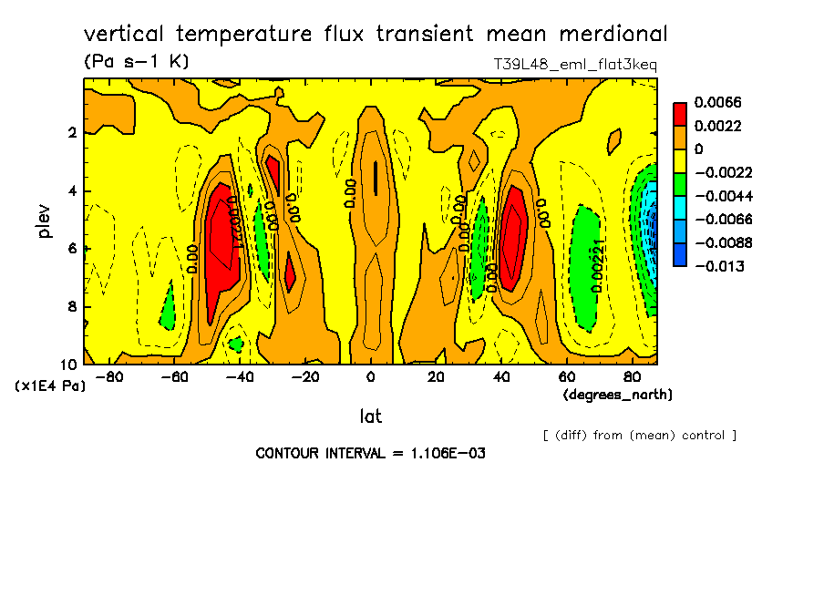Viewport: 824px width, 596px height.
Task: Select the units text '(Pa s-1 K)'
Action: [x=136, y=62]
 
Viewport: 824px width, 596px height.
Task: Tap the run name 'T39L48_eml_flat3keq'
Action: [x=574, y=65]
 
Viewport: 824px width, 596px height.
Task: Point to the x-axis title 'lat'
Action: [x=370, y=416]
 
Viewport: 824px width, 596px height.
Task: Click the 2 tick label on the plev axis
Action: [x=71, y=133]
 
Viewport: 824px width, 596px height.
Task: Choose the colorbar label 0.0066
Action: [x=717, y=101]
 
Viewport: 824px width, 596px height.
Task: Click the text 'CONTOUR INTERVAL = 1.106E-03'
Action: [x=370, y=453]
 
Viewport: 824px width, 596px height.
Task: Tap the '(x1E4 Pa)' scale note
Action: [x=50, y=386]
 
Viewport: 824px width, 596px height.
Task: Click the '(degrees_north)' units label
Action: [x=618, y=395]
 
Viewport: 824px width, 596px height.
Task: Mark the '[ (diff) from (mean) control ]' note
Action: [x=639, y=435]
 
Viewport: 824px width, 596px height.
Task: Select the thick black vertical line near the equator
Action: [x=375, y=178]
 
